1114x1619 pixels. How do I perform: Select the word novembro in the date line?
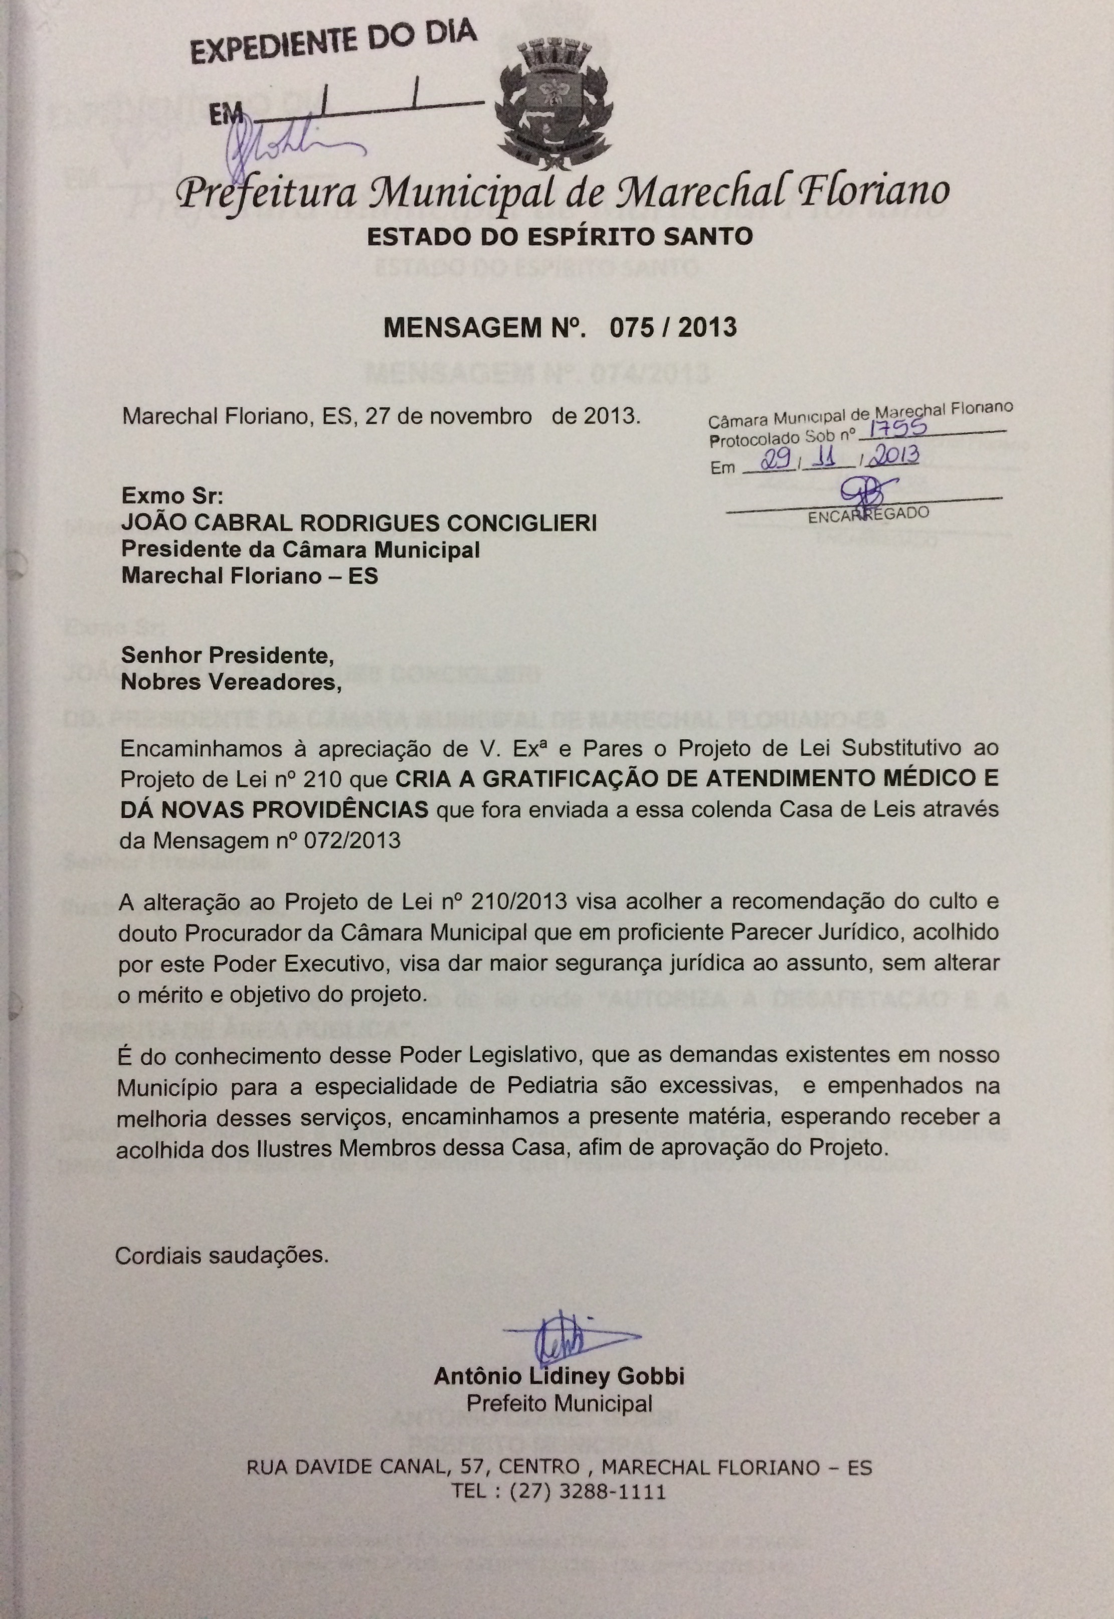pyautogui.click(x=480, y=417)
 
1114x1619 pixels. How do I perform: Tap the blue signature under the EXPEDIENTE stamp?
pyautogui.click(x=293, y=142)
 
